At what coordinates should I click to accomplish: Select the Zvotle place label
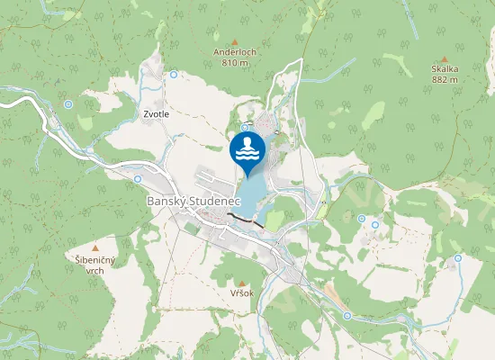point(156,114)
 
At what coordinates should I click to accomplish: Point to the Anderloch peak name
point(235,52)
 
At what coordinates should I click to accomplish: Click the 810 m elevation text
point(235,63)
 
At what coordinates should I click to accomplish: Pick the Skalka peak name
point(445,69)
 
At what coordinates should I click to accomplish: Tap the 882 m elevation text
point(445,79)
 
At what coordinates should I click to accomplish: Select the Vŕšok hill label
point(242,293)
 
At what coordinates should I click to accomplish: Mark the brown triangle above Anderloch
point(235,41)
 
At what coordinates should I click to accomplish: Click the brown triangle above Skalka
point(445,58)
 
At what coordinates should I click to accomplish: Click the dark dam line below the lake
point(245,220)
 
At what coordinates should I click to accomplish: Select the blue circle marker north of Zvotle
point(173,75)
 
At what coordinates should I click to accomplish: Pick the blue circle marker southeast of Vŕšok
point(346,315)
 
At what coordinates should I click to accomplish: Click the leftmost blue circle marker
point(68,104)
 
